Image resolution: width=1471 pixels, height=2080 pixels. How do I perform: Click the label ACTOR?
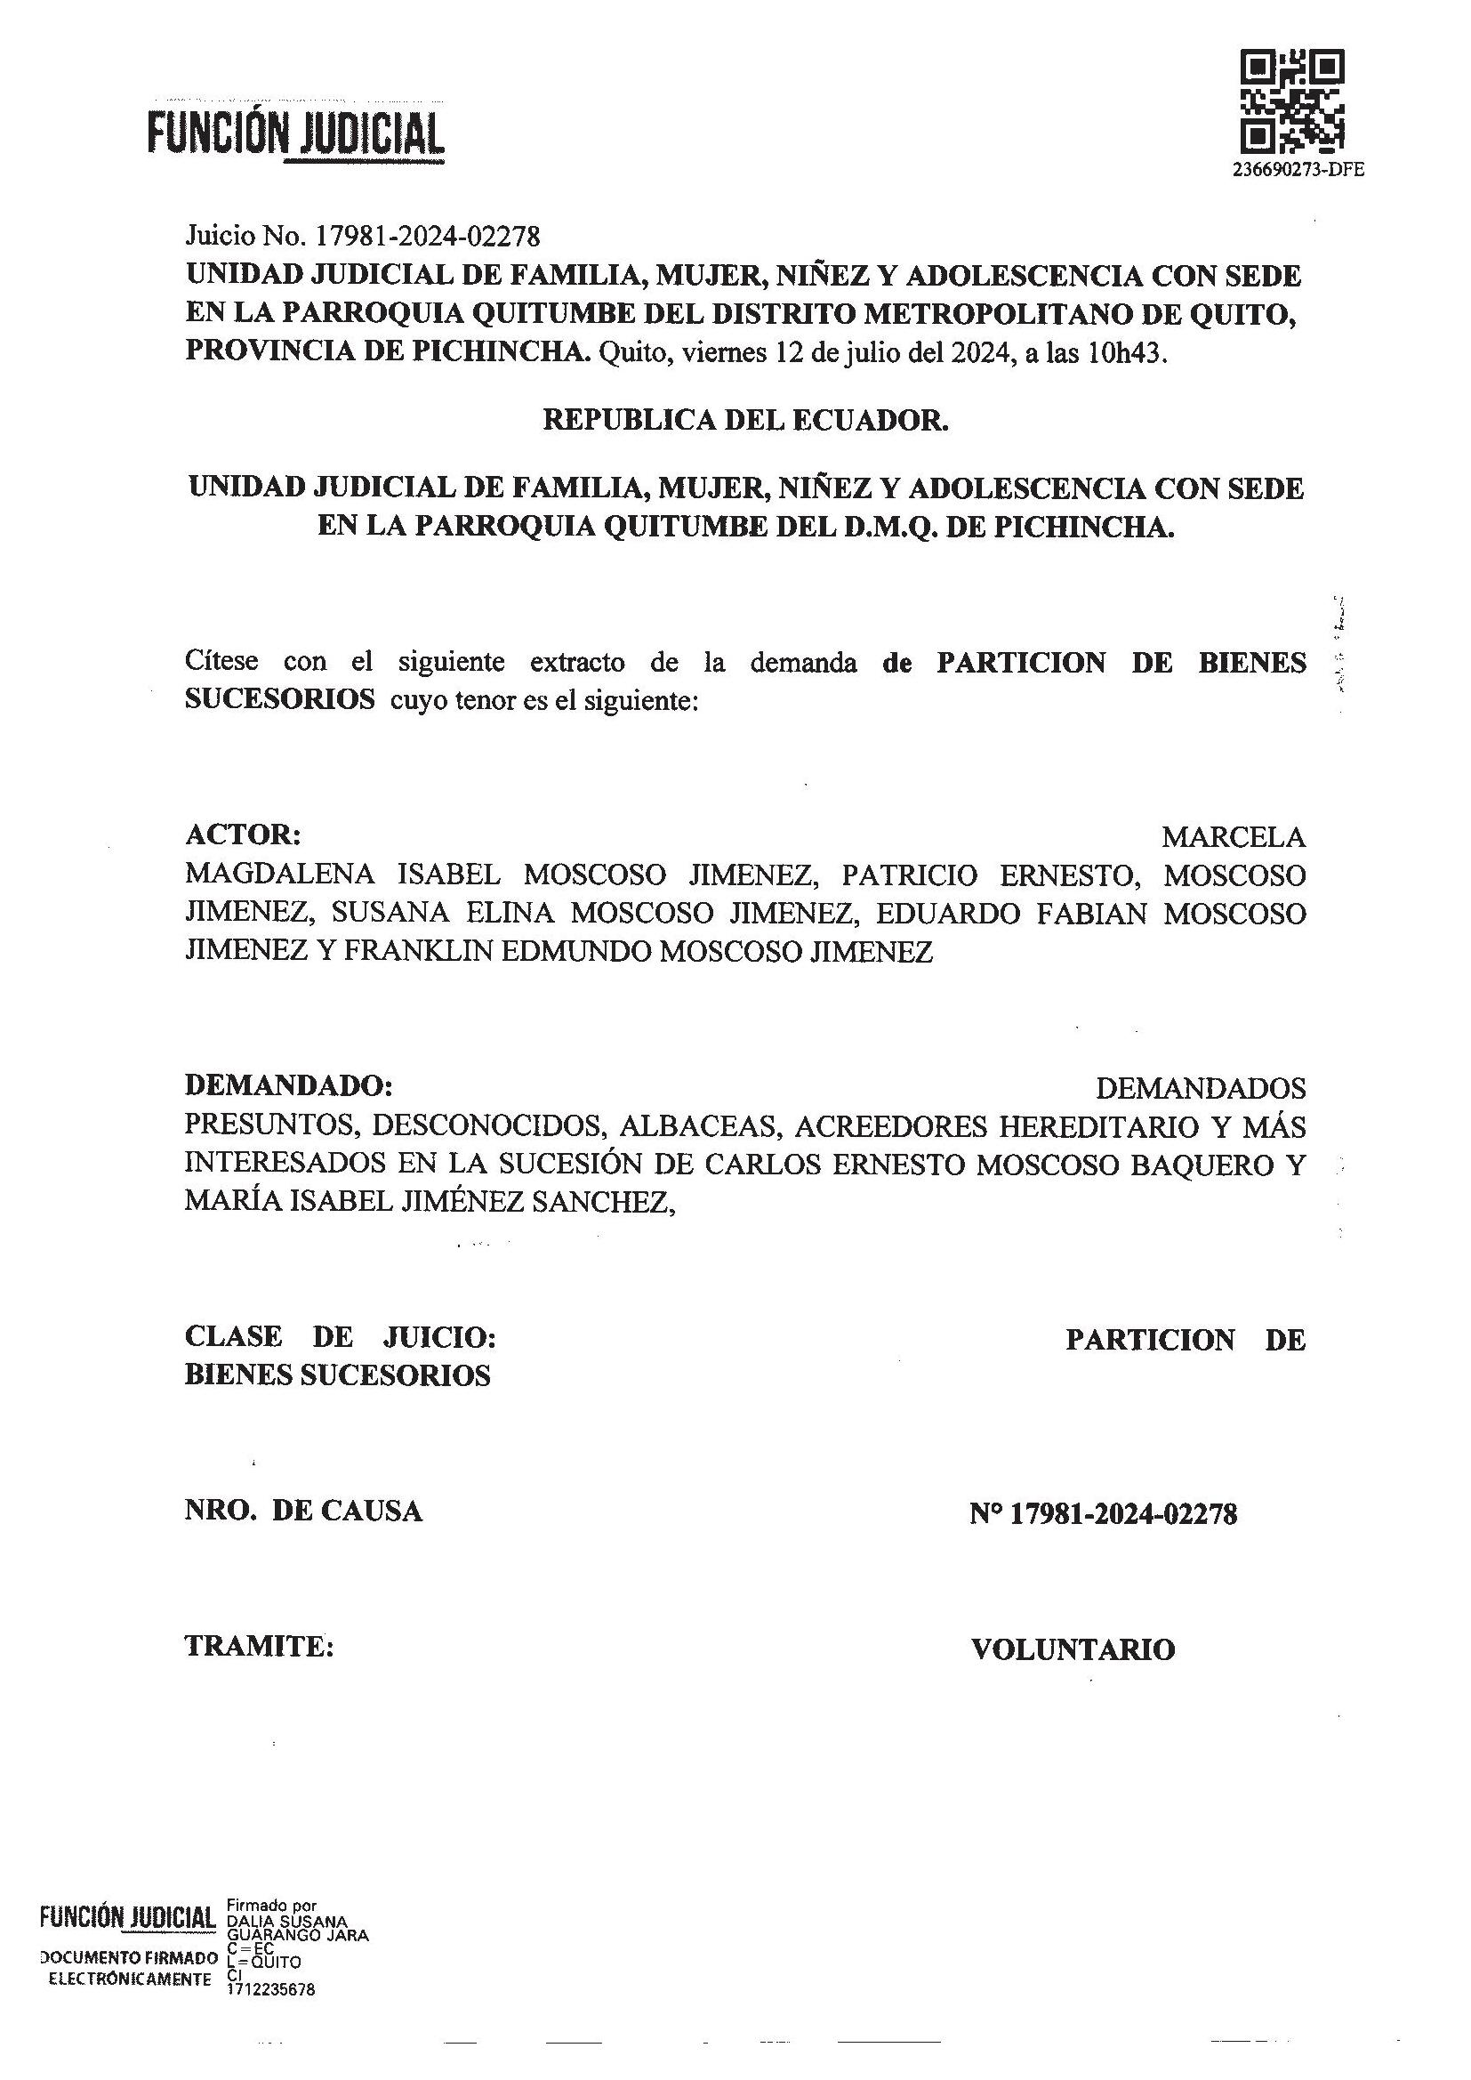click(x=243, y=833)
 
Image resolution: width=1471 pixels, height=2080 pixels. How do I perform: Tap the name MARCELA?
click(x=1233, y=836)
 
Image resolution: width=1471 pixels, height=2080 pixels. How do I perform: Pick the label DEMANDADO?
click(x=289, y=1084)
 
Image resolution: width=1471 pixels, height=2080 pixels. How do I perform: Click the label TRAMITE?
click(x=259, y=1645)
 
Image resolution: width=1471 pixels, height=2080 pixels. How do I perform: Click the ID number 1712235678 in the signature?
click(x=271, y=1989)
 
